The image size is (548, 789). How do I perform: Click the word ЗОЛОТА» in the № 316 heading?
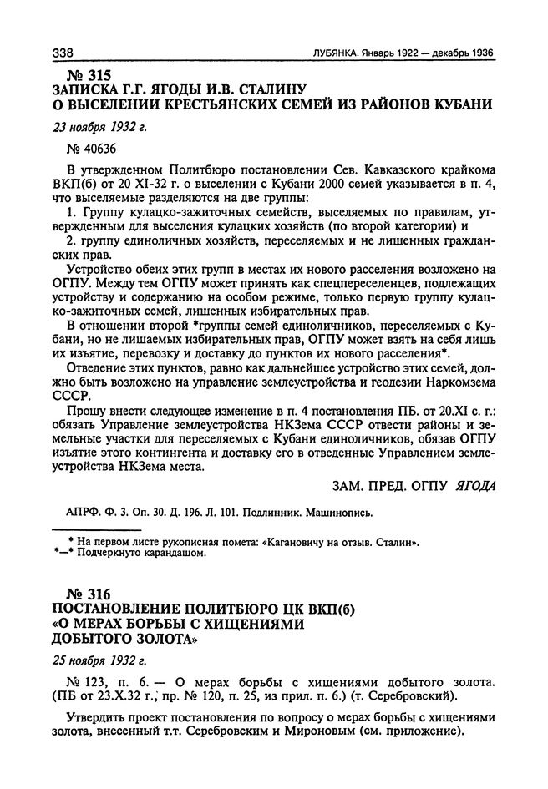coord(174,640)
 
